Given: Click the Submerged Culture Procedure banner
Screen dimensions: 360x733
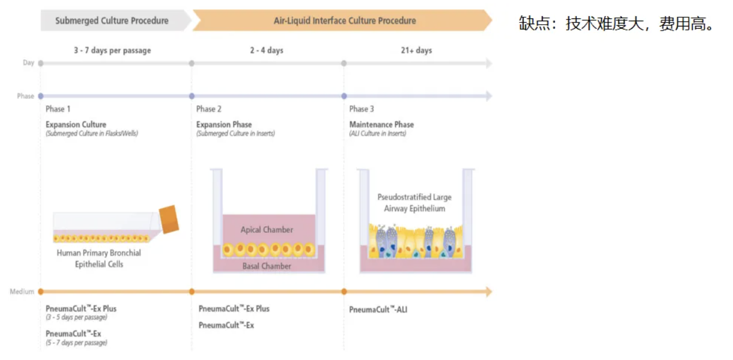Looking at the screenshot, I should point(112,21).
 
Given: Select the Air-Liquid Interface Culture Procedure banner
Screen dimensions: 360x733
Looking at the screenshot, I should point(344,21).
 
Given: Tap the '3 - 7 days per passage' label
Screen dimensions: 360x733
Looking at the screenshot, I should point(112,51).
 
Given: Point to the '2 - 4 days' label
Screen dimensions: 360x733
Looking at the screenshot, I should point(266,51).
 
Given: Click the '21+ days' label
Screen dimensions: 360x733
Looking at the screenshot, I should point(416,51).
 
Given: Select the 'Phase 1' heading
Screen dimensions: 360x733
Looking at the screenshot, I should point(58,109).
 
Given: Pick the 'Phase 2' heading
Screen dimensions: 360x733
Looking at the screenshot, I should point(209,109).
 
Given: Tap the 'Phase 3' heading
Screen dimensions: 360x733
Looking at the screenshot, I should point(361,109).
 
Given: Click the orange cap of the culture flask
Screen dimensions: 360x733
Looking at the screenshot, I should point(169,219).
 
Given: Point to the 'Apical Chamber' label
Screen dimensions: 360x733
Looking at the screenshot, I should point(266,229).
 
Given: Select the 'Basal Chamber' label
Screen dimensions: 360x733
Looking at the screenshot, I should point(266,266).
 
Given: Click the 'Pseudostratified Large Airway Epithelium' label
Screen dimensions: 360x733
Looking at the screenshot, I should point(414,203).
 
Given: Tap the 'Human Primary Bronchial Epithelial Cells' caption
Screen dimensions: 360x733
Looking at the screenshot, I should point(99,259).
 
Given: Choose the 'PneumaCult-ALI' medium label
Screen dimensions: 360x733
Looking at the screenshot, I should point(378,309).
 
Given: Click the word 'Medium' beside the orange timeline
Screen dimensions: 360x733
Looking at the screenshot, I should point(22,292).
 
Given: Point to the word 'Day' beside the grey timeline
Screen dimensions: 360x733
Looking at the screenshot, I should point(28,63).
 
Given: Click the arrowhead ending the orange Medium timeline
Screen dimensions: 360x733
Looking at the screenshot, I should point(488,292).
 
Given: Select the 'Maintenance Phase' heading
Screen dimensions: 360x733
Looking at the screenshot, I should point(381,124).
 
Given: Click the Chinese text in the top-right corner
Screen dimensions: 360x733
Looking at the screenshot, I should point(616,24).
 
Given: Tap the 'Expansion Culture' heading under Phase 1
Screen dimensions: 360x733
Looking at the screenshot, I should point(76,124).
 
